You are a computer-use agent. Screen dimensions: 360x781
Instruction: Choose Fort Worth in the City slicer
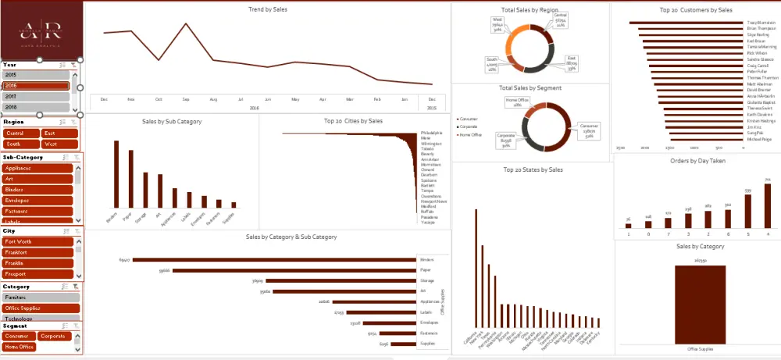(x=39, y=241)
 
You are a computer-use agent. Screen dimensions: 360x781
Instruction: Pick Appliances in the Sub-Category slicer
(x=37, y=168)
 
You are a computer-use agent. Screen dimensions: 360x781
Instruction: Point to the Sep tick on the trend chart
(x=186, y=99)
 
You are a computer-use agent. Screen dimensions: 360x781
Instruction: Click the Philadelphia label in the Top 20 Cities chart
(x=431, y=134)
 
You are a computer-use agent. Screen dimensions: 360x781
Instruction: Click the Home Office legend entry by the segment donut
(x=471, y=135)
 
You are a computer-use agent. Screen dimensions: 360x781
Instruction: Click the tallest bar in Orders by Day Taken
(x=767, y=205)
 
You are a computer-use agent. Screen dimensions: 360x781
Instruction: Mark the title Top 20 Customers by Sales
(x=696, y=10)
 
